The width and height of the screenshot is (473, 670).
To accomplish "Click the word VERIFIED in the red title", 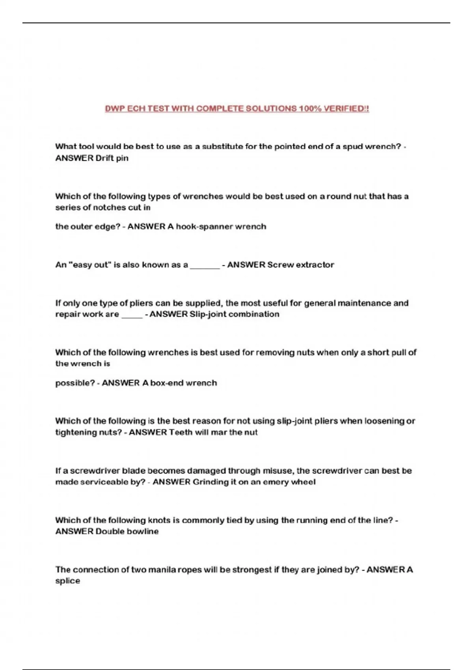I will (346, 108).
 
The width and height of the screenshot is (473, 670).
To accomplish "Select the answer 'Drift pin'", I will (112, 158).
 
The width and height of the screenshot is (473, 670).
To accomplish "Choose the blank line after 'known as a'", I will (205, 266).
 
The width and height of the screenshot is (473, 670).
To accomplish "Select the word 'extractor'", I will (315, 265).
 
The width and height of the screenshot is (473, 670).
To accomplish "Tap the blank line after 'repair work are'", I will (132, 315).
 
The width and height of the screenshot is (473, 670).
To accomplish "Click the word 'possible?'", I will (75, 383).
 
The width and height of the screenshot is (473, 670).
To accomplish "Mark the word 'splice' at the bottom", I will (67, 581).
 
